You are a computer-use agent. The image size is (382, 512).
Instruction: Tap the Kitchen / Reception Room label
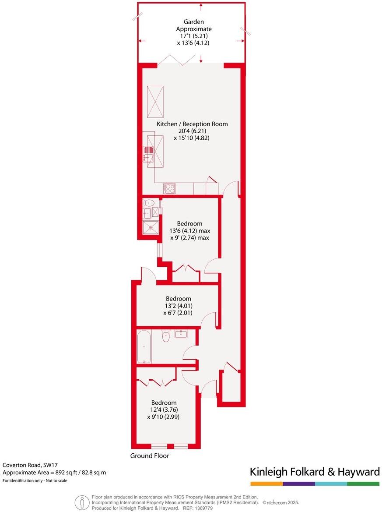[192, 124]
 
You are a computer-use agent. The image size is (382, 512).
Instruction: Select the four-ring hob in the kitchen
[169, 188]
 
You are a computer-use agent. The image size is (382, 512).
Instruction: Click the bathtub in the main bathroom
[144, 347]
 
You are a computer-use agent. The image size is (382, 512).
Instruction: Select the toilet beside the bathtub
[166, 336]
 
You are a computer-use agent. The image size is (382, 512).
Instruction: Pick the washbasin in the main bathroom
[181, 334]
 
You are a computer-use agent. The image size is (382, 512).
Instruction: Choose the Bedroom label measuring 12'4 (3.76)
[164, 403]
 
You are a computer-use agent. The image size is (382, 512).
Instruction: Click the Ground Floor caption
[149, 456]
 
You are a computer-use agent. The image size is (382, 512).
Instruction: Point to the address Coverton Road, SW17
[30, 465]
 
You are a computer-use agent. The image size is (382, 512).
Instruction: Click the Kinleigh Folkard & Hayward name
[314, 472]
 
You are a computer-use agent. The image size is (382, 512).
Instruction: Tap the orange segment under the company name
[266, 484]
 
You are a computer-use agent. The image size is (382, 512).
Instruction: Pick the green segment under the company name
[363, 484]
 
